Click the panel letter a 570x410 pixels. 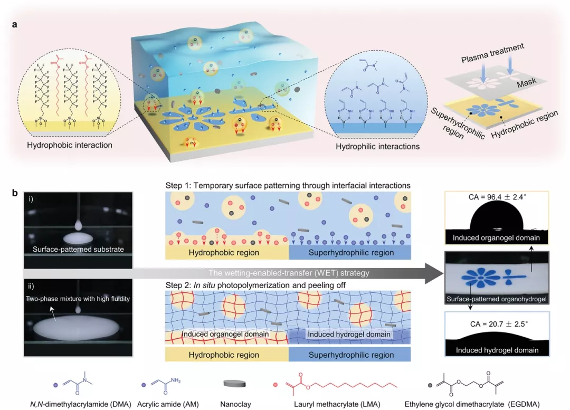click(15, 25)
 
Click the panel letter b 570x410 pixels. click(15, 193)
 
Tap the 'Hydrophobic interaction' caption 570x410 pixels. click(70, 145)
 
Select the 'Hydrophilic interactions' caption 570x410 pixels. click(377, 147)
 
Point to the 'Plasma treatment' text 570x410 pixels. click(492, 53)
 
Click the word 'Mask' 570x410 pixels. click(527, 83)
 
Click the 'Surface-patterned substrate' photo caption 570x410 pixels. click(78, 250)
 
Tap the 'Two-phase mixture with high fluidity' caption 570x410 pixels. click(78, 299)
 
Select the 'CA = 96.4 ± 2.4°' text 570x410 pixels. click(497, 197)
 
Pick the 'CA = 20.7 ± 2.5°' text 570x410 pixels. click(499, 324)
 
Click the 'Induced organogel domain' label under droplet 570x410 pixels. click(496, 237)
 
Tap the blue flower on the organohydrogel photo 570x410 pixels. click(481, 278)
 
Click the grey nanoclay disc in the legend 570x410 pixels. click(234, 384)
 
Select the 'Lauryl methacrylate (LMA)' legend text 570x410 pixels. click(337, 404)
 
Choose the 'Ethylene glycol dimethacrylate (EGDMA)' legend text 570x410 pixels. click(472, 404)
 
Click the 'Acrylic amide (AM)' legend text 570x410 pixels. click(168, 404)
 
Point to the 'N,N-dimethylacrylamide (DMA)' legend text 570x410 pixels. click(80, 404)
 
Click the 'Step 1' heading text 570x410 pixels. click(178, 185)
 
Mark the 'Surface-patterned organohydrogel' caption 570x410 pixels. click(496, 299)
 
